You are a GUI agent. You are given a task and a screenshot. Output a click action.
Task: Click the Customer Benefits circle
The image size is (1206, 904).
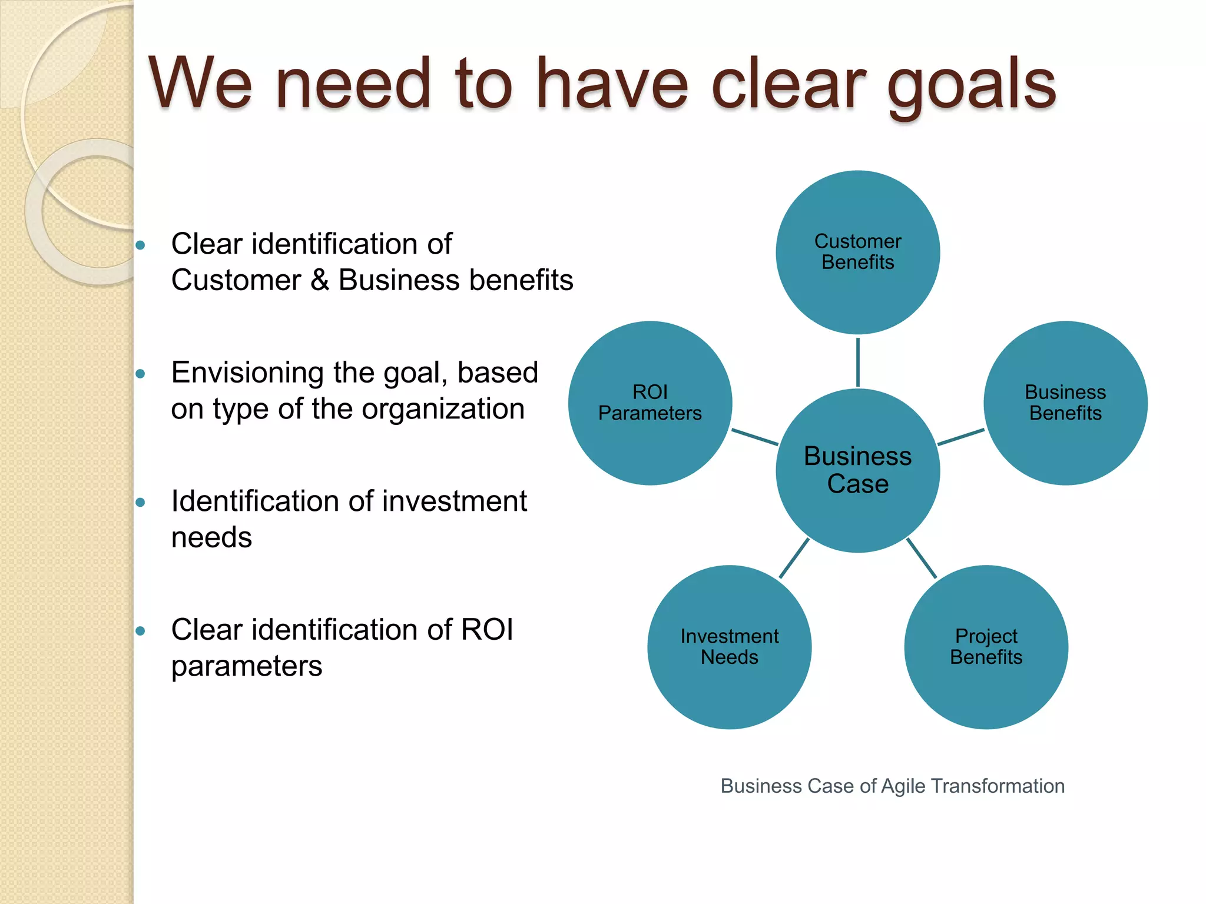click(x=857, y=252)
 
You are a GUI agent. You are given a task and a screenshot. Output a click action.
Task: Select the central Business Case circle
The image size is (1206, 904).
click(x=857, y=470)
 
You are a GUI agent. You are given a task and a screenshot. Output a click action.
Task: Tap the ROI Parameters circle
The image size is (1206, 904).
click(x=650, y=403)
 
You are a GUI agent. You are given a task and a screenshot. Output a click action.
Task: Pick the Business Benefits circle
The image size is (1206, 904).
click(x=1065, y=403)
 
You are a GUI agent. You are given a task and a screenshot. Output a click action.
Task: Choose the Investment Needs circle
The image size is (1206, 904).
click(x=729, y=647)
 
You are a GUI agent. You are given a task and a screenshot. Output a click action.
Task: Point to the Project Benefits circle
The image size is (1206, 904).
click(x=986, y=647)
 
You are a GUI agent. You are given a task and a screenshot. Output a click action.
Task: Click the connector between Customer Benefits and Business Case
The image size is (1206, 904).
click(x=857, y=362)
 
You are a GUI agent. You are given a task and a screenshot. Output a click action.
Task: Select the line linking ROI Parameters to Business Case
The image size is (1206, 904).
click(x=754, y=437)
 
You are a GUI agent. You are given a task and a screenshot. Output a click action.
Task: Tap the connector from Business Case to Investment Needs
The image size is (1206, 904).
click(x=794, y=558)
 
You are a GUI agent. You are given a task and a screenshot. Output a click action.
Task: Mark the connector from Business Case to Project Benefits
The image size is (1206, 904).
click(x=922, y=558)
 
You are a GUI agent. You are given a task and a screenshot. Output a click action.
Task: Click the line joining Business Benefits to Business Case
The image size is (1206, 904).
click(x=960, y=437)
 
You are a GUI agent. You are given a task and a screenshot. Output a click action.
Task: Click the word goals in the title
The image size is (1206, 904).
click(x=972, y=85)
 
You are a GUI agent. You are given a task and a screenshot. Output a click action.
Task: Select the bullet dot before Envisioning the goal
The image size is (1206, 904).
click(x=140, y=374)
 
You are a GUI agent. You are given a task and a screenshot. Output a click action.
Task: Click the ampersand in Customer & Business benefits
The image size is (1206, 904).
click(x=320, y=280)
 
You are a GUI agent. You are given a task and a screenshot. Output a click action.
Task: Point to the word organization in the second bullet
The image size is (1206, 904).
click(x=443, y=409)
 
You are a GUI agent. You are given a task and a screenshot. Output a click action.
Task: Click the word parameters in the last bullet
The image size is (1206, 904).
click(x=247, y=667)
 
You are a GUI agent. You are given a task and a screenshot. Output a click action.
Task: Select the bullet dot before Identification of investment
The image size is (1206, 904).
click(x=140, y=503)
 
